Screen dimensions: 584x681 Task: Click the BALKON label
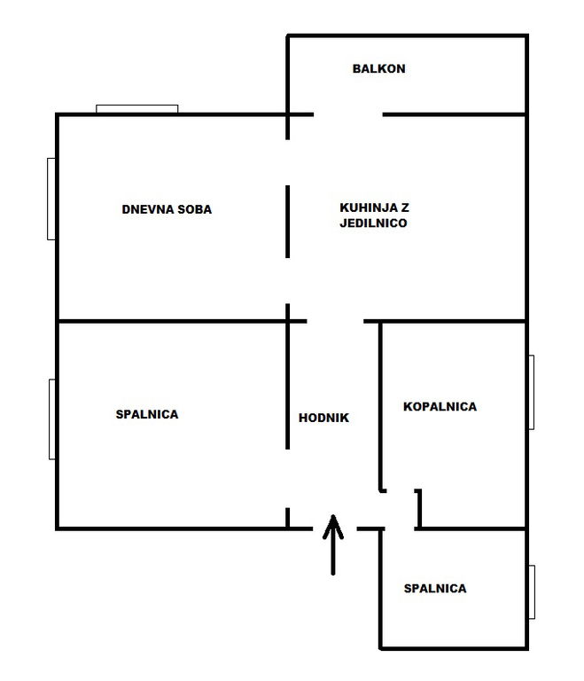[x=378, y=68]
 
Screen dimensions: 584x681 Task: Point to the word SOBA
[x=195, y=209]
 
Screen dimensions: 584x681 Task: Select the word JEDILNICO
[x=373, y=223]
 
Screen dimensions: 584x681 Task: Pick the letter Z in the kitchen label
[x=405, y=207]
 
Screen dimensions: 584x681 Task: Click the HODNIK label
[x=323, y=418]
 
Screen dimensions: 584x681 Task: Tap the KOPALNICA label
[x=440, y=406]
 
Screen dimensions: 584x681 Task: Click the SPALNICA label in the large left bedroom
[x=147, y=414]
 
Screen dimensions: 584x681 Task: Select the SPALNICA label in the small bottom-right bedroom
[x=435, y=589]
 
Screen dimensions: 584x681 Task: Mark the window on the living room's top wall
[x=136, y=108]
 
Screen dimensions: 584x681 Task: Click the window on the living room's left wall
[x=51, y=199]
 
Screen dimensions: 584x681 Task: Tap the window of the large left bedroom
[x=52, y=419]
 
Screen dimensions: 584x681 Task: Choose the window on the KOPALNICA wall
[x=532, y=392]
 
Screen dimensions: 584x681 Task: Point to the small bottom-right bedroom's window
[x=532, y=592]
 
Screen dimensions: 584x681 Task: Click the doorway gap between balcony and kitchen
[x=348, y=114]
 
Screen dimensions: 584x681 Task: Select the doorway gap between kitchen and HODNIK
[x=335, y=321]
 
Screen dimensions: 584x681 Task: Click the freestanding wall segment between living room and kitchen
[x=287, y=222]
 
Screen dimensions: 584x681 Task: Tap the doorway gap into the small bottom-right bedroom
[x=400, y=529]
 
